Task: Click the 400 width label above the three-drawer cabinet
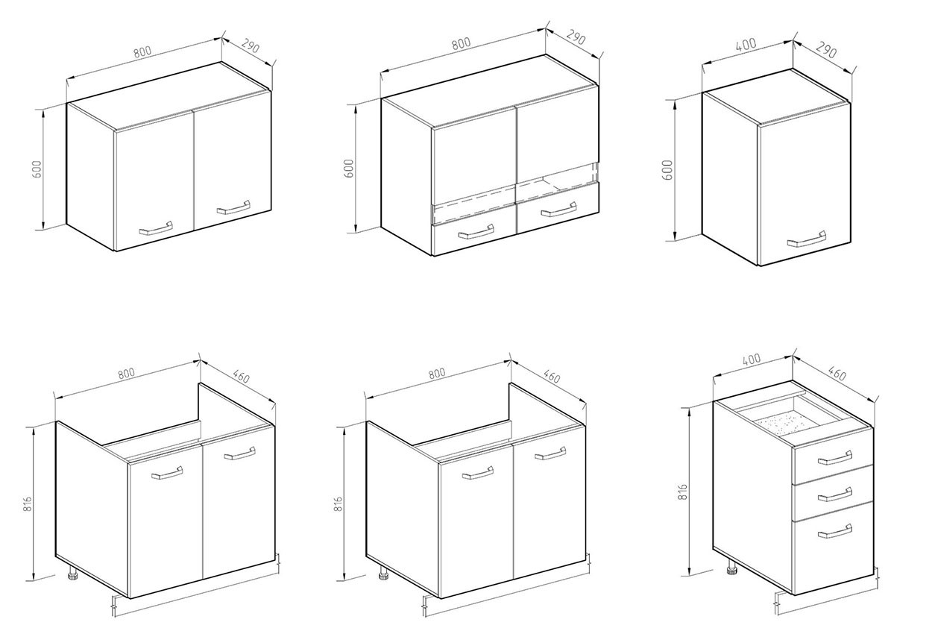point(751,359)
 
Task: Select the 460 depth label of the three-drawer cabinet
point(837,373)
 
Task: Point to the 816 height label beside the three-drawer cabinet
point(683,492)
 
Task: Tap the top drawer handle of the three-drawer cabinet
point(834,457)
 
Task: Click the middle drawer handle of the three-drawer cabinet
point(834,495)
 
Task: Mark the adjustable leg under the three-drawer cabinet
point(731,568)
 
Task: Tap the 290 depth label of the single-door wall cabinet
point(825,50)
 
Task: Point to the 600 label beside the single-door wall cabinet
point(667,169)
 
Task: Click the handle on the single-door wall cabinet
point(806,239)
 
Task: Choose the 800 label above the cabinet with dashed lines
point(461,43)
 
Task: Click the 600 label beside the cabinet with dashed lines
point(349,168)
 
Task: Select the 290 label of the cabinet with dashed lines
point(576,38)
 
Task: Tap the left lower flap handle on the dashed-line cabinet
point(476,232)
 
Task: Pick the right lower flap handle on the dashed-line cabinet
point(558,210)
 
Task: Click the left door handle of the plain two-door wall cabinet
point(156,228)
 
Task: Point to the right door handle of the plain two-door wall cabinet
point(233,207)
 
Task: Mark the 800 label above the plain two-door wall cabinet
point(142,51)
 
